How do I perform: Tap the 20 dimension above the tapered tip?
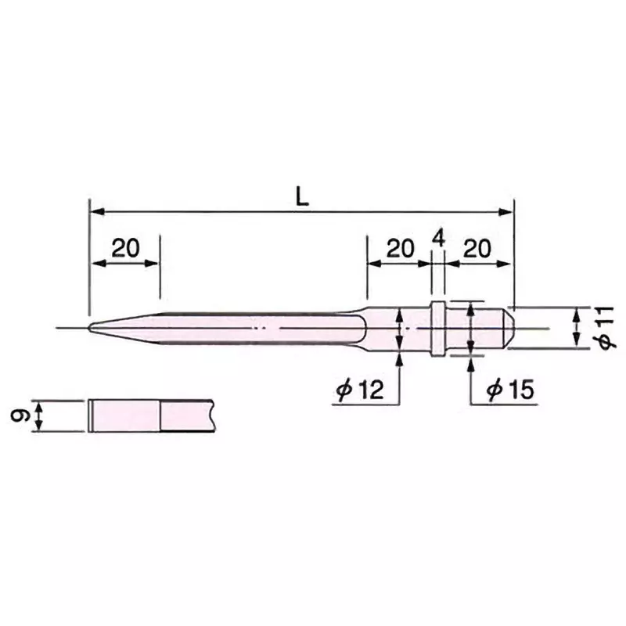(125, 248)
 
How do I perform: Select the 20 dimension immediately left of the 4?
(399, 248)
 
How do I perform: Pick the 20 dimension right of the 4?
(477, 248)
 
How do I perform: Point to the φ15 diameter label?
(510, 390)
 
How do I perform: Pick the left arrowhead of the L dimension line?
(95, 211)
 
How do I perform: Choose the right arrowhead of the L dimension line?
(508, 211)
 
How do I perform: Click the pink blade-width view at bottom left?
(125, 416)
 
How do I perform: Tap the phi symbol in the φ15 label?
(493, 390)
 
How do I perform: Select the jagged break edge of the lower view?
(214, 416)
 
